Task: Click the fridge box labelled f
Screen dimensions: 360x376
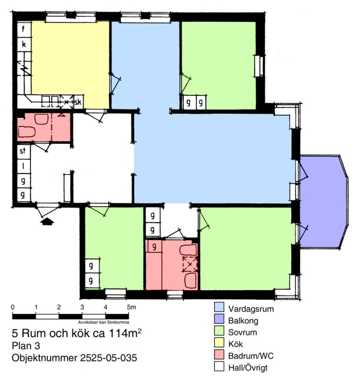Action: click(24, 29)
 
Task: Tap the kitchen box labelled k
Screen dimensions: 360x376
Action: click(24, 44)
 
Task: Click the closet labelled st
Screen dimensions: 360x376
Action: click(23, 151)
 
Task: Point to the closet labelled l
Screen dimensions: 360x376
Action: click(23, 166)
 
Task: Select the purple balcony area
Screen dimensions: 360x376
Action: click(323, 201)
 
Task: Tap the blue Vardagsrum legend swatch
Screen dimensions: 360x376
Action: click(219, 307)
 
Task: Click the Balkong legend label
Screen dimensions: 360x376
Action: click(243, 320)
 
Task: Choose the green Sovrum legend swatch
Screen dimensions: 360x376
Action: click(219, 331)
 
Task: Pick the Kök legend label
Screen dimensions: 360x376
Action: click(235, 344)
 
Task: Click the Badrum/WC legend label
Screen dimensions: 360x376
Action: click(251, 356)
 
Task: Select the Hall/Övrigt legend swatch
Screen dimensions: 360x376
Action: click(219, 366)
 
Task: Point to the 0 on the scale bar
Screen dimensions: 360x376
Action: click(13, 307)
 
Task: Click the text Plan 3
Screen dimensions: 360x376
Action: click(26, 346)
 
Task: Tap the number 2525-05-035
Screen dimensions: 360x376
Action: click(108, 358)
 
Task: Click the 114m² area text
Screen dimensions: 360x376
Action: click(125, 333)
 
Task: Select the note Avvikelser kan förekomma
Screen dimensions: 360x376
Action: click(103, 322)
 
